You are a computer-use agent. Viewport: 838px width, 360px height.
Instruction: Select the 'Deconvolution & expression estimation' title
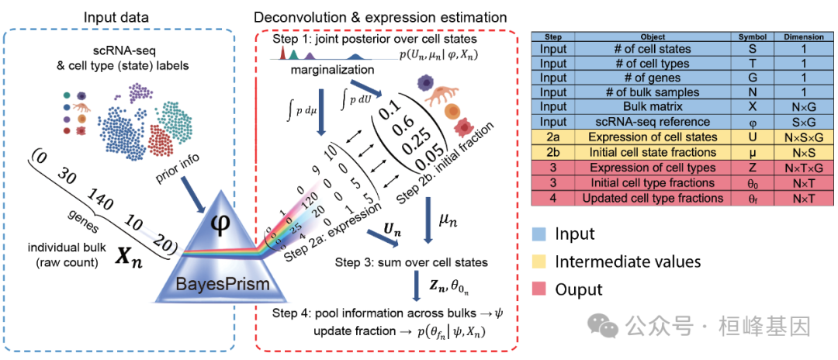pyautogui.click(x=380, y=17)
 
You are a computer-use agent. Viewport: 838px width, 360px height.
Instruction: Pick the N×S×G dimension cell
pyautogui.click(x=798, y=137)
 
